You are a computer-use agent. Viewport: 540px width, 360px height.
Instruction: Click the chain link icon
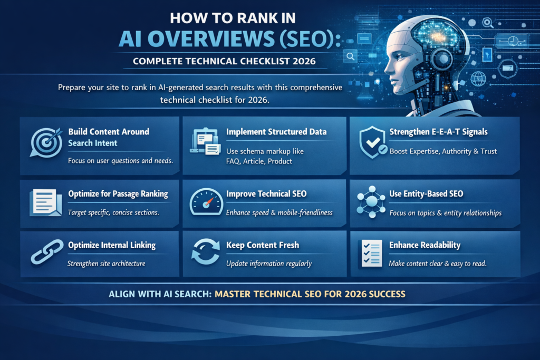coord(47,252)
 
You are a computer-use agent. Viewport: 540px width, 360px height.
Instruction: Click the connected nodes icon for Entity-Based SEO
coord(372,202)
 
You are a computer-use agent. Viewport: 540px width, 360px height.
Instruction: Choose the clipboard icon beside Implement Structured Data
coord(206,142)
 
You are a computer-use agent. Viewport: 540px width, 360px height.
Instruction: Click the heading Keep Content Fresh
coord(262,245)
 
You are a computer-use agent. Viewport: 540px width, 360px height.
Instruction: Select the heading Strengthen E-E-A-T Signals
coord(438,132)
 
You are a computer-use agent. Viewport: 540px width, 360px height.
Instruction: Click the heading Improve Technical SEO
coord(266,194)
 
